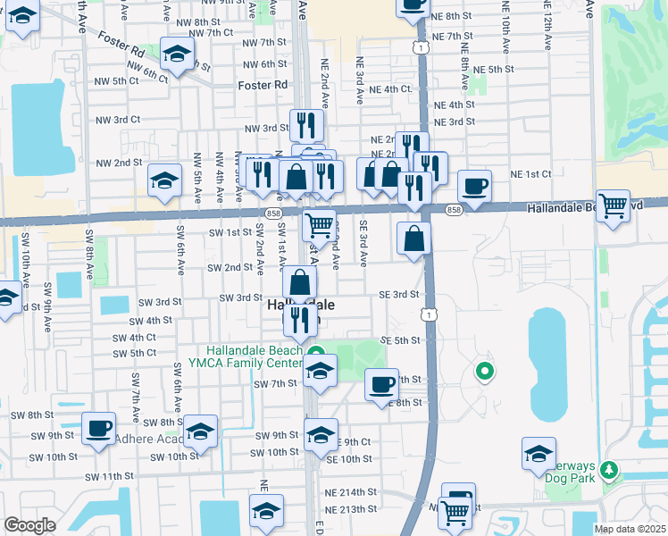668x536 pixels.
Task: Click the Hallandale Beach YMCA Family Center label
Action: pos(255,356)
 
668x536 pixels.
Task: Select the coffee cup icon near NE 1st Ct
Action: pos(474,187)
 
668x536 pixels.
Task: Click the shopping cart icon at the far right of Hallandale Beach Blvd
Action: pos(613,205)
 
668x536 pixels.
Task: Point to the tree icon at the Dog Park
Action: pos(610,469)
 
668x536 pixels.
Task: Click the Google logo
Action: pos(29,525)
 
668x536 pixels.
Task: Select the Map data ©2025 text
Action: pos(630,529)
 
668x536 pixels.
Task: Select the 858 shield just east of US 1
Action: pos(454,210)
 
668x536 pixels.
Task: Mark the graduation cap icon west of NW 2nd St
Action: pos(164,181)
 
